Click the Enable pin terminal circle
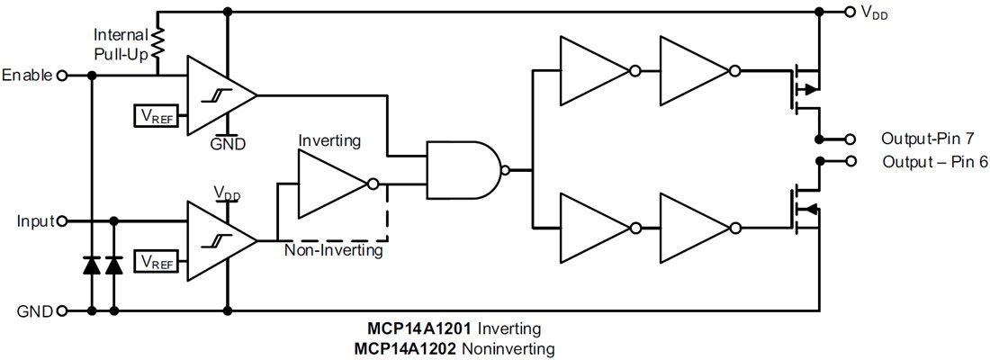coord(62,76)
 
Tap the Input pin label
coord(34,220)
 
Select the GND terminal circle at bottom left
coord(62,311)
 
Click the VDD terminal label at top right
coord(873,13)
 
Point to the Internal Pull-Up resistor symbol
coord(158,43)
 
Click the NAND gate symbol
coord(463,168)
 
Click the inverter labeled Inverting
coord(329,184)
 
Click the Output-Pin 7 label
coord(928,139)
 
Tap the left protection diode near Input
coord(91,265)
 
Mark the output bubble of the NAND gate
coord(506,168)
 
